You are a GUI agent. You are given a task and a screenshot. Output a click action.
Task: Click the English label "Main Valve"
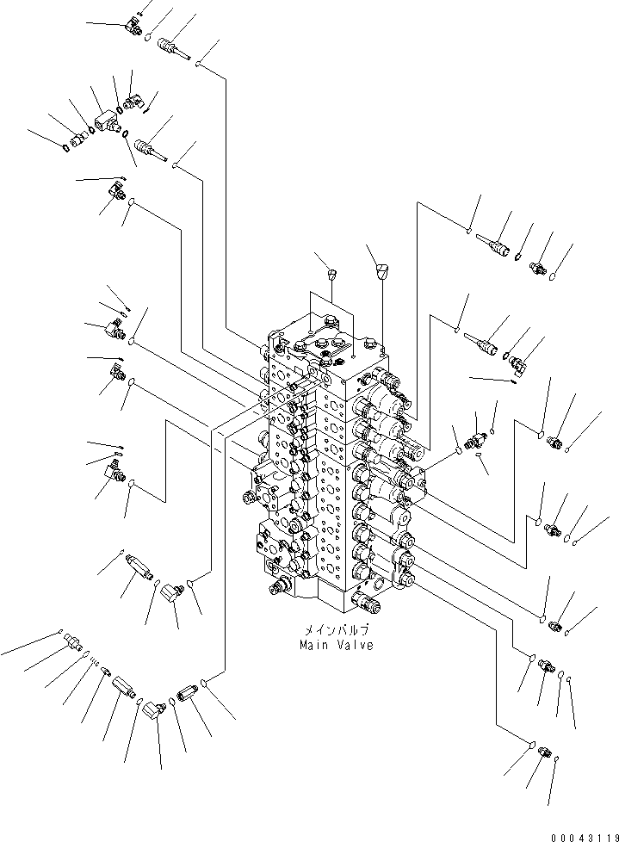pos(337,646)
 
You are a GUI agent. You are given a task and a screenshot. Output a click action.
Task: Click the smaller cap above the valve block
pos(335,275)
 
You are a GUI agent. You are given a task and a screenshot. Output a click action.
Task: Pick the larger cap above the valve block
pos(382,273)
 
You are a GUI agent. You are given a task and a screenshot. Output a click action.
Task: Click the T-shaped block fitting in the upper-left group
pos(108,122)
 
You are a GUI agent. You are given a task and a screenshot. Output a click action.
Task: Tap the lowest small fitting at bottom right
pos(543,752)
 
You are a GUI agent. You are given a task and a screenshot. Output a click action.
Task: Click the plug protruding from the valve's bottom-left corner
pos(278,588)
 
